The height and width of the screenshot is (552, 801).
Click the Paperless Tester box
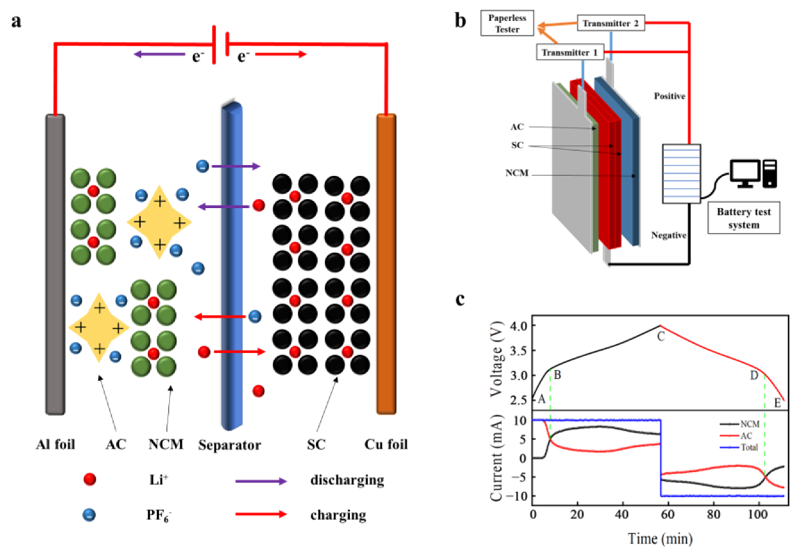coord(507,23)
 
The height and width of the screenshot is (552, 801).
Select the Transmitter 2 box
coord(610,23)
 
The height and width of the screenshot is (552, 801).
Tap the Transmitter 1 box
coord(570,52)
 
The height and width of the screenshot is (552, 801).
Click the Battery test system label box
coord(743,218)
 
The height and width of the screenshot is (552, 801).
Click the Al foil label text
coord(55,444)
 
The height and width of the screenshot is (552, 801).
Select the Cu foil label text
coord(386,444)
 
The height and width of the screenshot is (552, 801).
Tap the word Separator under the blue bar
coord(229,445)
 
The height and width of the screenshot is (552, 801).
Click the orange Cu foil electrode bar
coord(386,262)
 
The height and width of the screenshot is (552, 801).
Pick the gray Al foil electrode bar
coord(55,262)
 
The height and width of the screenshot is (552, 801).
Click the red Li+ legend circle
coord(89,479)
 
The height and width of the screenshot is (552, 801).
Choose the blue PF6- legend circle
coord(89,514)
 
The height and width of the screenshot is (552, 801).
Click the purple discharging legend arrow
coord(260,480)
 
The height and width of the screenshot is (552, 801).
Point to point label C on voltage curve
coord(660,337)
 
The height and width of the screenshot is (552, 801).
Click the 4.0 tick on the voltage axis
coord(519,326)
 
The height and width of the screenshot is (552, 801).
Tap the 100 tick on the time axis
coord(757,514)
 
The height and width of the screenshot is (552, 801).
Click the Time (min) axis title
coord(660,539)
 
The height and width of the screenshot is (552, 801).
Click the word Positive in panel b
coord(669,96)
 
